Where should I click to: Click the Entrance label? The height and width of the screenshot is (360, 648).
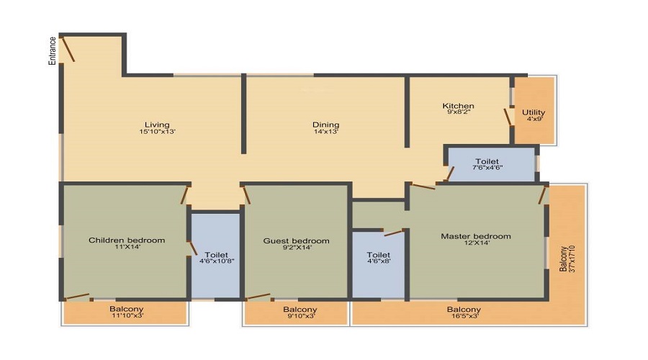pos(53,51)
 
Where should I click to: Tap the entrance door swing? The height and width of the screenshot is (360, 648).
pos(68,49)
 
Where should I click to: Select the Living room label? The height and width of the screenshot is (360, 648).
pos(157,125)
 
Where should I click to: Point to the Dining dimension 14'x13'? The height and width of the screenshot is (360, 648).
pos(326,132)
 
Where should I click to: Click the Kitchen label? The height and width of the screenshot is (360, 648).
pos(458,105)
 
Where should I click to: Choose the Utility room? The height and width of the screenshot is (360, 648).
pos(534,110)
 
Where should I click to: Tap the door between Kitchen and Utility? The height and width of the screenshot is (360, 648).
pos(508,116)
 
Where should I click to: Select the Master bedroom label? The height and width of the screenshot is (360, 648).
pos(476,236)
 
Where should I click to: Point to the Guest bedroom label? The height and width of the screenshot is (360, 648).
pos(297,240)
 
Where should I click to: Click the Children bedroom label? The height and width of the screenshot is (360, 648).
pos(127,240)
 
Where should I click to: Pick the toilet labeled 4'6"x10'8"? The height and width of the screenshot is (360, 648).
pos(215,256)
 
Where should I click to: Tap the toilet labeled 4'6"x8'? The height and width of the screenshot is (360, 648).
pos(378,264)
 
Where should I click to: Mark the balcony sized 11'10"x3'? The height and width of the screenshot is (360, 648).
pos(125,313)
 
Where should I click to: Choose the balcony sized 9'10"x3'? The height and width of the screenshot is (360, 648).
pos(296,313)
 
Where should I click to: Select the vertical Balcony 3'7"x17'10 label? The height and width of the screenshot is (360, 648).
pos(567,258)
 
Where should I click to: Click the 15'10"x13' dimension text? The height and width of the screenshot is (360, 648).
pos(158,132)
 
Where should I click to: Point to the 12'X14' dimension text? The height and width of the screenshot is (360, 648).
pos(477,243)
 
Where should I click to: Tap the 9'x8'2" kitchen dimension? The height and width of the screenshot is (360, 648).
pos(459,112)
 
